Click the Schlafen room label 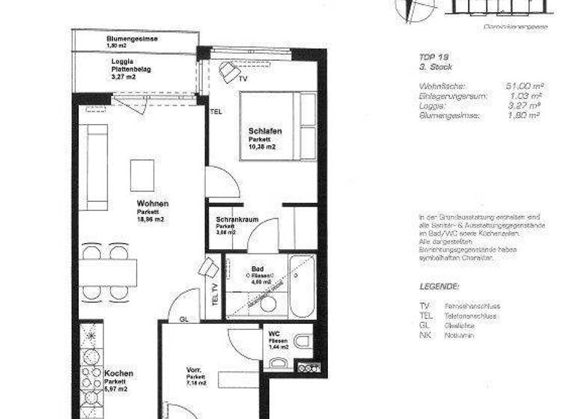264,131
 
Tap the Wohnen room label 152,203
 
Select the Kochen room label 119,373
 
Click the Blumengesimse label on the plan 133,38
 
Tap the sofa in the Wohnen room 97,167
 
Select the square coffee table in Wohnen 142,175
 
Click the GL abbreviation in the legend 425,325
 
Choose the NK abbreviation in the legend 425,334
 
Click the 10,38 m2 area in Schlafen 263,147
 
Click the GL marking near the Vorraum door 183,318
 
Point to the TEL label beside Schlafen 216,111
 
